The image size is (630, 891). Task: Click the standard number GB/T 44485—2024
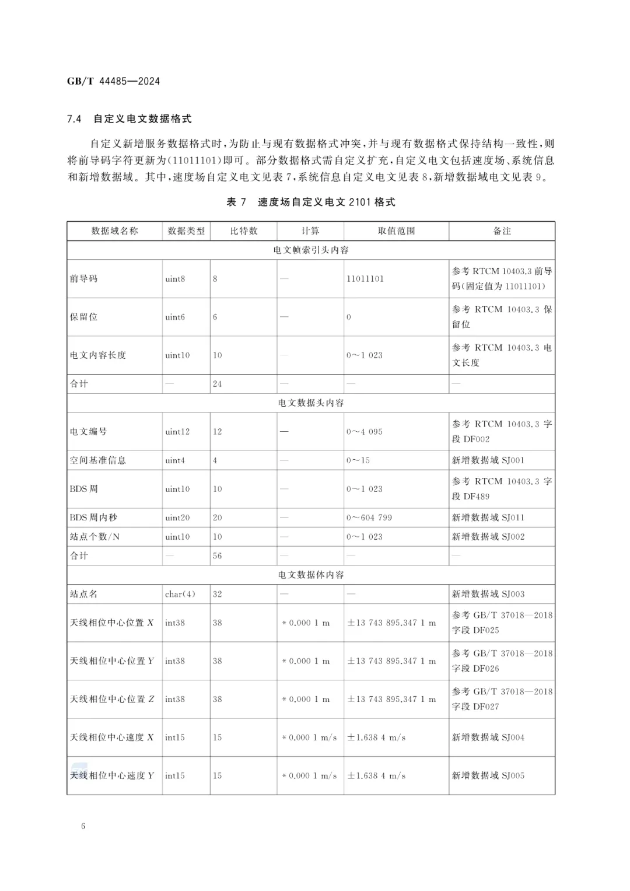pyautogui.click(x=113, y=81)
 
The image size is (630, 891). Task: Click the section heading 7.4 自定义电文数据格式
pyautogui.click(x=129, y=119)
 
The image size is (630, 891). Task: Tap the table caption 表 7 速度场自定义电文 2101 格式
pyautogui.click(x=311, y=202)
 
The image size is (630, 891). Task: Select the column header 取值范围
pyautogui.click(x=396, y=231)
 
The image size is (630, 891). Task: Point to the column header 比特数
pyautogui.click(x=243, y=231)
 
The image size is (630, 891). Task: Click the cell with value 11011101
pyautogui.click(x=365, y=279)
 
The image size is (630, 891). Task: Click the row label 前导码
pyautogui.click(x=84, y=279)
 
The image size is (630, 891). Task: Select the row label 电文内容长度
pyautogui.click(x=98, y=355)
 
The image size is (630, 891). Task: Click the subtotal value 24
pyautogui.click(x=217, y=384)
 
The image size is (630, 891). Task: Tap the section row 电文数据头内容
pyautogui.click(x=311, y=403)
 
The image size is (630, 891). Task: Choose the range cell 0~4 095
pyautogui.click(x=365, y=432)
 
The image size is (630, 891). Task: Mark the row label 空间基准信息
pyautogui.click(x=98, y=460)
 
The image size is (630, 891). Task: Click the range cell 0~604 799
pyautogui.click(x=369, y=518)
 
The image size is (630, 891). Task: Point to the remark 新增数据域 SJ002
pyautogui.click(x=488, y=537)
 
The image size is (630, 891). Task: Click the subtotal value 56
pyautogui.click(x=217, y=556)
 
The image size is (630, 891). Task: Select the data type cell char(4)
pyautogui.click(x=180, y=594)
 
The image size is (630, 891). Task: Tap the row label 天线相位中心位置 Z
pyautogui.click(x=112, y=699)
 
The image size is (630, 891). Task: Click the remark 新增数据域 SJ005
pyautogui.click(x=488, y=775)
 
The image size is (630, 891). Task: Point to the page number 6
pyautogui.click(x=83, y=826)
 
